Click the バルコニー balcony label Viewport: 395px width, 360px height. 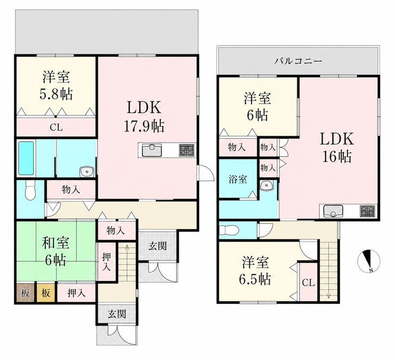point(298,61)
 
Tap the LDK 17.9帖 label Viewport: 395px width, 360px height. point(144,116)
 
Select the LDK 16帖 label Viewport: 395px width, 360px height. point(337,147)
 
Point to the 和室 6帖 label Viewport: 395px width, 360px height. point(56,251)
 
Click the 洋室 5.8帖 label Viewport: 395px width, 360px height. point(56,85)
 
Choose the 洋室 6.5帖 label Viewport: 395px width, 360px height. point(256,270)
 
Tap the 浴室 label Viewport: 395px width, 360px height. point(238,179)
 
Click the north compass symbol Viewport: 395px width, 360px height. point(369,261)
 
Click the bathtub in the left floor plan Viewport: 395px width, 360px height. point(26,158)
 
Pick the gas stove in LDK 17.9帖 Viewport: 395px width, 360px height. point(187,150)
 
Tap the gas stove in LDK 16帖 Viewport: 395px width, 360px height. point(368,211)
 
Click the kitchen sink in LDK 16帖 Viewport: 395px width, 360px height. point(333,211)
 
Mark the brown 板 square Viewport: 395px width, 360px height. point(25,293)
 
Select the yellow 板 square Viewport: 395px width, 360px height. point(45,293)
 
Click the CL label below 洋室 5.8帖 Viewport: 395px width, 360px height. point(56,128)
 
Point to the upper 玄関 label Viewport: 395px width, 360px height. point(157,246)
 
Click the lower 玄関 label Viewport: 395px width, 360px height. point(117,314)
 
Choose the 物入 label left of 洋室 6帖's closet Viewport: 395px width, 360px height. point(237,147)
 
